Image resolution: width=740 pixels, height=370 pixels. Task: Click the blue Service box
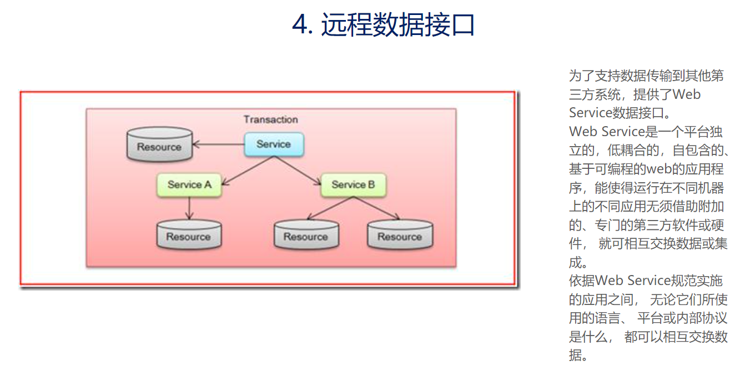click(274, 144)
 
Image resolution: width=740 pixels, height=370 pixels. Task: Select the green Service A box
click(189, 184)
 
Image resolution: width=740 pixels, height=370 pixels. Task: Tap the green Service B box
click(353, 184)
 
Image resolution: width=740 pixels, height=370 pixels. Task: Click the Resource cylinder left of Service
click(159, 144)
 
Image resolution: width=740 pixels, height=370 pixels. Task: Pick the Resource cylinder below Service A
click(189, 234)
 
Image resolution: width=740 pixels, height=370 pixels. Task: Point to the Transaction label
click(271, 119)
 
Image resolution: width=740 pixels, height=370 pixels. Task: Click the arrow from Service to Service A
click(248, 171)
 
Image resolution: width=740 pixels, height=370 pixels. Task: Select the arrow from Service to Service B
click(298, 171)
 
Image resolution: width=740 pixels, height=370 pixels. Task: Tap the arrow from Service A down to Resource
click(189, 208)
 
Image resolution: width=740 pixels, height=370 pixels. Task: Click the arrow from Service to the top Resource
click(218, 144)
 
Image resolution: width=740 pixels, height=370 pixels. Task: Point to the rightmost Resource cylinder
click(400, 234)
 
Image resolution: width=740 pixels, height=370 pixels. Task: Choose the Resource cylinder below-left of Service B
click(306, 234)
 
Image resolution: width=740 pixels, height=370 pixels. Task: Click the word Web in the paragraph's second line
click(686, 94)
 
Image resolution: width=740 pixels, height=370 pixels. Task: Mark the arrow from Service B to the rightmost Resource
click(376, 208)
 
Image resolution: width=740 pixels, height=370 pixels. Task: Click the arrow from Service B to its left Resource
click(330, 208)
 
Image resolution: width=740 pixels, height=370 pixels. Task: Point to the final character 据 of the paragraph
click(575, 356)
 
